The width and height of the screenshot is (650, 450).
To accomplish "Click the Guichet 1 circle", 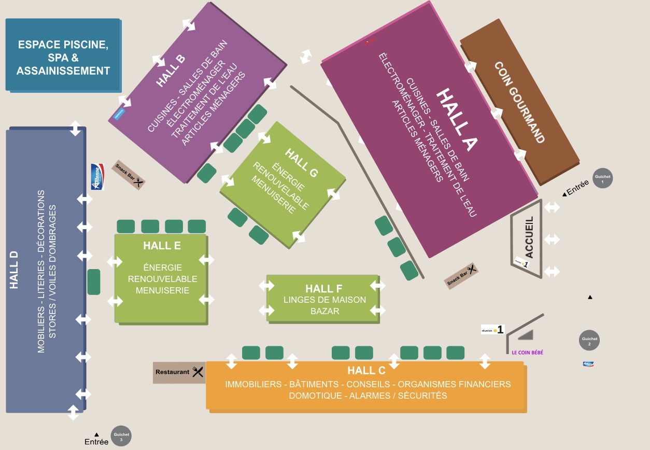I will pyautogui.click(x=603, y=178).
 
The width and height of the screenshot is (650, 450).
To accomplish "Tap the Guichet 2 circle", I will pyautogui.click(x=589, y=341).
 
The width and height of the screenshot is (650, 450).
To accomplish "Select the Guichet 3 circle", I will pyautogui.click(x=121, y=436).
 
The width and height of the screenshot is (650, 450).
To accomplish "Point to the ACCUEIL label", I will pyautogui.click(x=529, y=237).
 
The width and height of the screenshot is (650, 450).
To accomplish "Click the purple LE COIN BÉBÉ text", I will pyautogui.click(x=524, y=353).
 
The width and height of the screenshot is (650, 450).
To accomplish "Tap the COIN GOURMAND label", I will pyautogui.click(x=519, y=102).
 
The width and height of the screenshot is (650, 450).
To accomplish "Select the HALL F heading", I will pyautogui.click(x=324, y=288).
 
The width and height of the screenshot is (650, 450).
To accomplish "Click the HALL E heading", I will pyautogui.click(x=162, y=246).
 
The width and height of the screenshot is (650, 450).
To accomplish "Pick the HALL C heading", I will pyautogui.click(x=366, y=371).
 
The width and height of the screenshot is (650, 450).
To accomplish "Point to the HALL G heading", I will pyautogui.click(x=301, y=163).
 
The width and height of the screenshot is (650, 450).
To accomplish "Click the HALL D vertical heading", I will pyautogui.click(x=14, y=270).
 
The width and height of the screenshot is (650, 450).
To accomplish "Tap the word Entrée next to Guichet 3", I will pyautogui.click(x=96, y=442).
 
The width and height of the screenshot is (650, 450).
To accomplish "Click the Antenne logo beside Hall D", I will pyautogui.click(x=97, y=177).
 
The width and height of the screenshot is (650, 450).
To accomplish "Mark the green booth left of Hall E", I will pyautogui.click(x=94, y=282).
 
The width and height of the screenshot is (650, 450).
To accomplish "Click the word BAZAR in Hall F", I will pyautogui.click(x=324, y=311).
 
